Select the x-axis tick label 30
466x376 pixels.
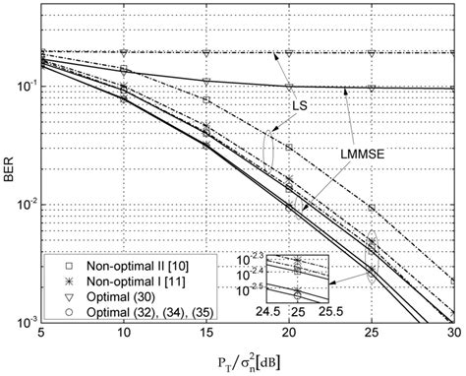coord(452,336)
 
